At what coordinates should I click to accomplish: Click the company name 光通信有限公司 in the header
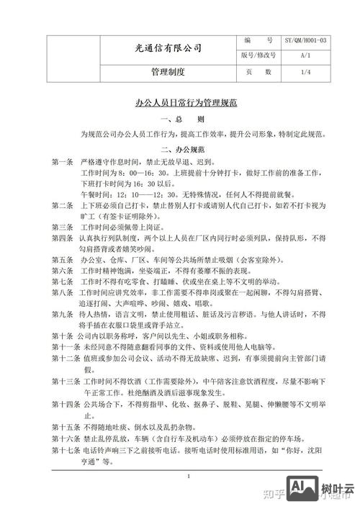click(x=168, y=48)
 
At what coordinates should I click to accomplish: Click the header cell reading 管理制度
click(x=168, y=72)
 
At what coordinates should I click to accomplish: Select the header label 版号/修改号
click(x=258, y=55)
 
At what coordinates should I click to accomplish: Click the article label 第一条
click(x=63, y=163)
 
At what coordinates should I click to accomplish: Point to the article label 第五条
click(x=63, y=258)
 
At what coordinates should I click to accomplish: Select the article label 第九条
click(x=63, y=315)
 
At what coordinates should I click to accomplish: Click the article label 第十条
click(x=63, y=336)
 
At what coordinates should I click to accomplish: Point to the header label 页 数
click(x=258, y=72)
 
